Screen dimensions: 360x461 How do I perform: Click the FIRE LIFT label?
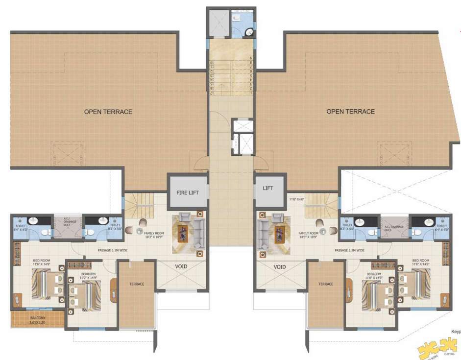187,192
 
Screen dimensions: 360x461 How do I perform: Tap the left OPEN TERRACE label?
108,112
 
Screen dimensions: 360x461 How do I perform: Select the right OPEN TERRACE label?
350,112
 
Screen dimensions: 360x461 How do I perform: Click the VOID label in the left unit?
181,267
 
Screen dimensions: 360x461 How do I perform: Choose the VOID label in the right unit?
280,267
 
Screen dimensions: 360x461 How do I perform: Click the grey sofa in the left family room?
199,232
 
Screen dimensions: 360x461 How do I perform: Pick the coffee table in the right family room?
280,233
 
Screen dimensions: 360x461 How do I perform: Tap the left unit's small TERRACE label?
137,284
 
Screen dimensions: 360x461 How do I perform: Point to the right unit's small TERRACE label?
326,284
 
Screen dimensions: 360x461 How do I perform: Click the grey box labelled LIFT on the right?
267,188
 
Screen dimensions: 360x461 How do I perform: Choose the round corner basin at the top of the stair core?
249,33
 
